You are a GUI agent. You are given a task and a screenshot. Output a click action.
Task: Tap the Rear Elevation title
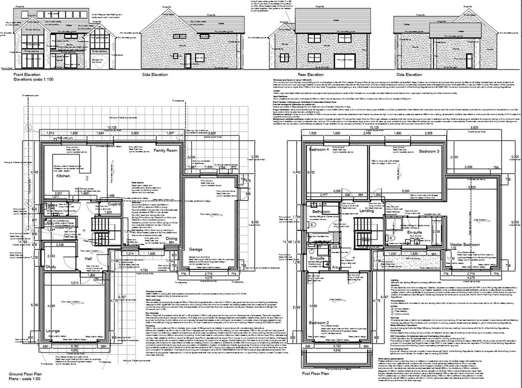coord(310,75)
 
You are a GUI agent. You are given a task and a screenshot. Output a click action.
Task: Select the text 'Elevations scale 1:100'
coord(33,79)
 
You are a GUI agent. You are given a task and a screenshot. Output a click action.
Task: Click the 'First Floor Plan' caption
coord(315,374)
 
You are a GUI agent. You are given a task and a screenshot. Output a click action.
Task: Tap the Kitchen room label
coord(63,176)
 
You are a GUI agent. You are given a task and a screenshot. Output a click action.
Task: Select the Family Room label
coord(165,150)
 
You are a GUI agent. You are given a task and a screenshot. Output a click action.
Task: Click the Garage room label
coord(196,249)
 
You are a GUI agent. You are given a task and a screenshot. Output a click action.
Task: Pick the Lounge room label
coord(53,331)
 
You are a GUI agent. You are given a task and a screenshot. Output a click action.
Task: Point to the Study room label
coord(51,267)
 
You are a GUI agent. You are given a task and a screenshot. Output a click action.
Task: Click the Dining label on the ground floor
coord(171,239)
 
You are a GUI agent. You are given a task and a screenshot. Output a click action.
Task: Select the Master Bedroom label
coord(465,245)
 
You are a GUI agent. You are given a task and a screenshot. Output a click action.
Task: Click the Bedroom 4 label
coord(319,149)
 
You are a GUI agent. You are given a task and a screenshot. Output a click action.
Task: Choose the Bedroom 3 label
coord(429,151)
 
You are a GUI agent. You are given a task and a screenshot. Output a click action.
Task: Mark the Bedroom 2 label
coord(319,323)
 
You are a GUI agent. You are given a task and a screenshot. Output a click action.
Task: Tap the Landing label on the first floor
coord(367,211)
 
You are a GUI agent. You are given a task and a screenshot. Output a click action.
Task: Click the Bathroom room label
coord(321,212)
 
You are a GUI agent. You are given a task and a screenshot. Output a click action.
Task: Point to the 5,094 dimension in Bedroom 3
coord(406,191)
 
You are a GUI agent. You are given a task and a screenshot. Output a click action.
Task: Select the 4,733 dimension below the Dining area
coord(143,270)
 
